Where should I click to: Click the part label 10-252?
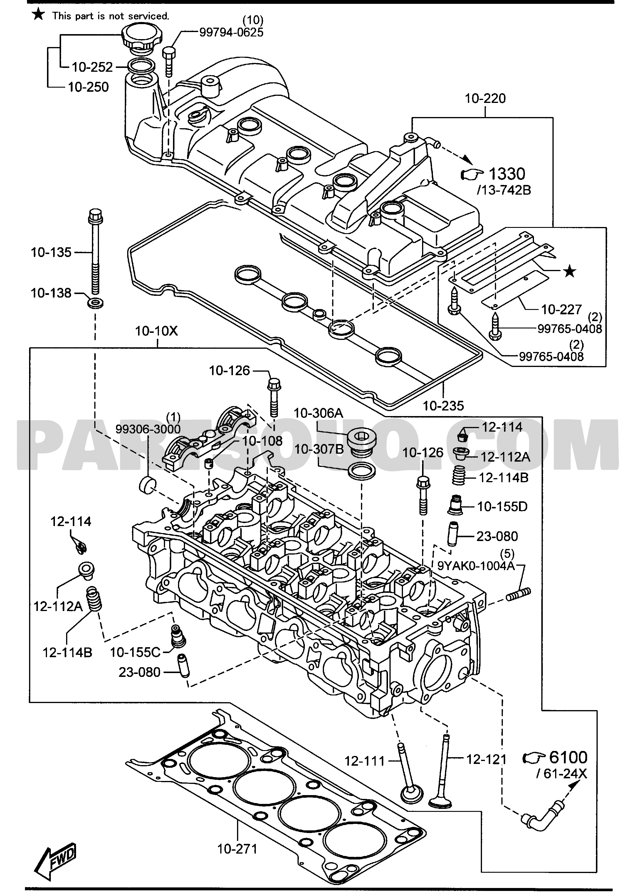[92, 67]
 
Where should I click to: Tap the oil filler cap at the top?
[140, 37]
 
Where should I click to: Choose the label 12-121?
[486, 760]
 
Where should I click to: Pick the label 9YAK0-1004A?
[476, 566]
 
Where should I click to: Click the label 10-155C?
[135, 652]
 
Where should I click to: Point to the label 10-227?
[562, 310]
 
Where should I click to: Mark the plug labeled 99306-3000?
[147, 485]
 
